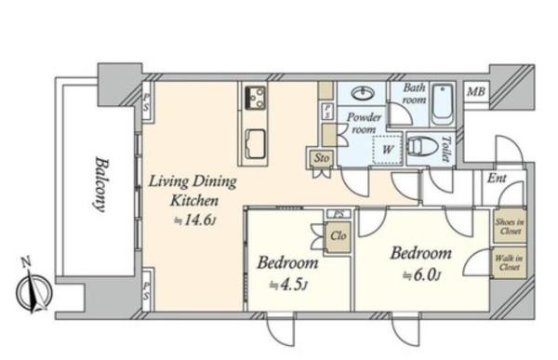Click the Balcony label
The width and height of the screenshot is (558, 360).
(100, 185)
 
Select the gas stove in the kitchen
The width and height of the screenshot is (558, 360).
(255, 98)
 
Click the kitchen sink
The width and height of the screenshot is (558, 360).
(255, 143)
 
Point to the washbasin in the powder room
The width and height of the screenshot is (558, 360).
(363, 94)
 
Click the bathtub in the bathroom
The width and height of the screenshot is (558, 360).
(443, 105)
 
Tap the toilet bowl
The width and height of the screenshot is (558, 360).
(423, 147)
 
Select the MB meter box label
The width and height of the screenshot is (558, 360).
(476, 92)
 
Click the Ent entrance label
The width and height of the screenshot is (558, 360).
(497, 178)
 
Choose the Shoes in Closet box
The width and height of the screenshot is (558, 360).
(510, 226)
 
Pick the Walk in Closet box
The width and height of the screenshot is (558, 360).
(510, 262)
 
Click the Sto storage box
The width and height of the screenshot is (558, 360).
(321, 158)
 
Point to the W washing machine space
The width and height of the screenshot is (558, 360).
(387, 150)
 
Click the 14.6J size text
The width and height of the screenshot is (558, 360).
(195, 220)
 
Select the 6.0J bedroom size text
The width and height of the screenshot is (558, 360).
(422, 275)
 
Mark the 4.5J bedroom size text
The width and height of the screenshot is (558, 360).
(288, 286)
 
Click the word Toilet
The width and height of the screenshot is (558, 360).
(445, 149)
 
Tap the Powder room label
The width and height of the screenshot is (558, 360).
(364, 123)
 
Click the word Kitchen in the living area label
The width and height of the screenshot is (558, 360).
(194, 201)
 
